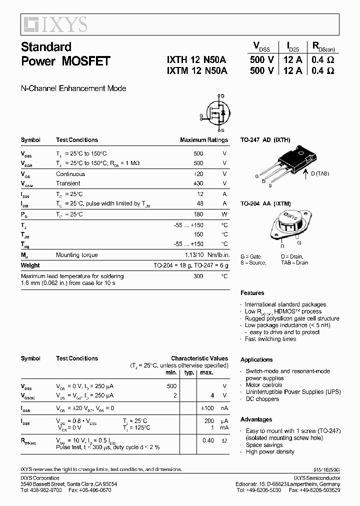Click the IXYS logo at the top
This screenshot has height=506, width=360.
click(54, 23)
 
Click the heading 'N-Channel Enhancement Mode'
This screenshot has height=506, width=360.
click(73, 88)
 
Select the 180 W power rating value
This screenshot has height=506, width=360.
click(198, 214)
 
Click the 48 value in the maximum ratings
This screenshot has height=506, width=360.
click(199, 203)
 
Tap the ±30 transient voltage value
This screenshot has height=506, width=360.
click(198, 183)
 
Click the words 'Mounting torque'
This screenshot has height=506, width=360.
click(77, 255)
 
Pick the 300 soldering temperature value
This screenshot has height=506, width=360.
click(198, 276)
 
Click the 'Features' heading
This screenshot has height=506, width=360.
click(252, 293)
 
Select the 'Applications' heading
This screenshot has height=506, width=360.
click(256, 359)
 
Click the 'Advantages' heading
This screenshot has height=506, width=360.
click(256, 419)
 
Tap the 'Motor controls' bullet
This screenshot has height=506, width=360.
click(264, 385)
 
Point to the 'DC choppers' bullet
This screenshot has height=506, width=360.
click(262, 399)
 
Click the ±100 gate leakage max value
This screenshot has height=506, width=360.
click(206, 408)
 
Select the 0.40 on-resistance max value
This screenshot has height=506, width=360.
click(207, 440)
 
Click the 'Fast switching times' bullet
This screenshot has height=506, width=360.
click(270, 339)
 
